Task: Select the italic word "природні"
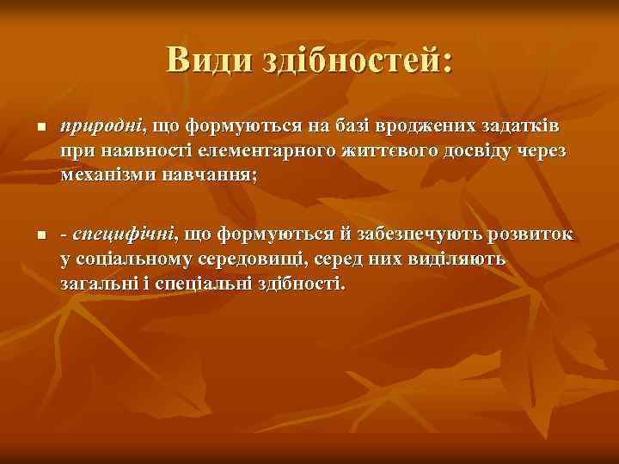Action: click(101, 128)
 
